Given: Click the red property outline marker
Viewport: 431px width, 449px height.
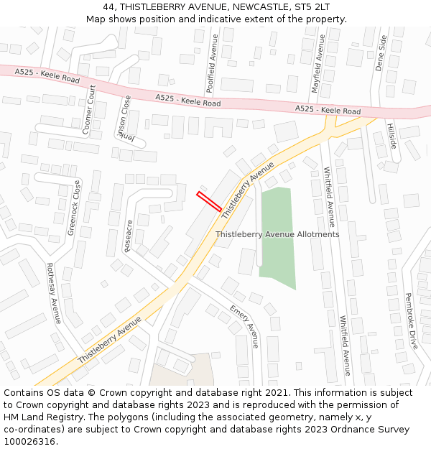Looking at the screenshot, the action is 209,201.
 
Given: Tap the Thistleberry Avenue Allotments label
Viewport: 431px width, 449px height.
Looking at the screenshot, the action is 277,234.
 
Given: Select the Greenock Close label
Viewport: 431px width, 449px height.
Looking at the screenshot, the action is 74,208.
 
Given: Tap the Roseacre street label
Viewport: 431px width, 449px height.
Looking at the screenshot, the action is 128,236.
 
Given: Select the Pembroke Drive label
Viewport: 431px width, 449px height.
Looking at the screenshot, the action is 410,320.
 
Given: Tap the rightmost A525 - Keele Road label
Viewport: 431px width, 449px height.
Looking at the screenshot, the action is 328,110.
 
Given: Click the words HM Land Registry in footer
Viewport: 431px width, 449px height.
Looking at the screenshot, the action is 37,417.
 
